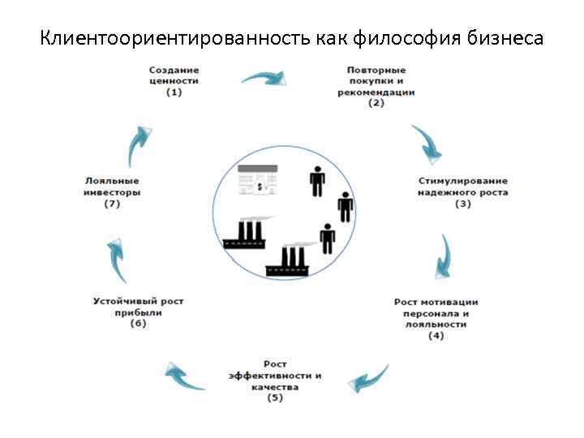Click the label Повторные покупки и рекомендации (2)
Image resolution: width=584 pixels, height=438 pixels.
(376, 87)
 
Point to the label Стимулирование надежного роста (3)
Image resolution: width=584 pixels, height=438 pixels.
(462, 192)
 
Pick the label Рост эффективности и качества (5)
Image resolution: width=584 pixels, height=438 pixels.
(275, 381)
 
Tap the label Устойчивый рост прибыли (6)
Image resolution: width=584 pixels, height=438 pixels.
(138, 311)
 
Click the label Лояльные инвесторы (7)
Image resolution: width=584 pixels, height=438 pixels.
(112, 192)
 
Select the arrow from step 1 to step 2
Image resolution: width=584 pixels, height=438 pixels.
(264, 79)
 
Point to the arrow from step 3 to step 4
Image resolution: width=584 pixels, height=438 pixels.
(444, 258)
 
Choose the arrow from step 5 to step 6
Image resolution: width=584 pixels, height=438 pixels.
(183, 376)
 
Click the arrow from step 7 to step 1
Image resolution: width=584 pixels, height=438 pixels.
(140, 145)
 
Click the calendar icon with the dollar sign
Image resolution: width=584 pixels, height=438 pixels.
(258, 181)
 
